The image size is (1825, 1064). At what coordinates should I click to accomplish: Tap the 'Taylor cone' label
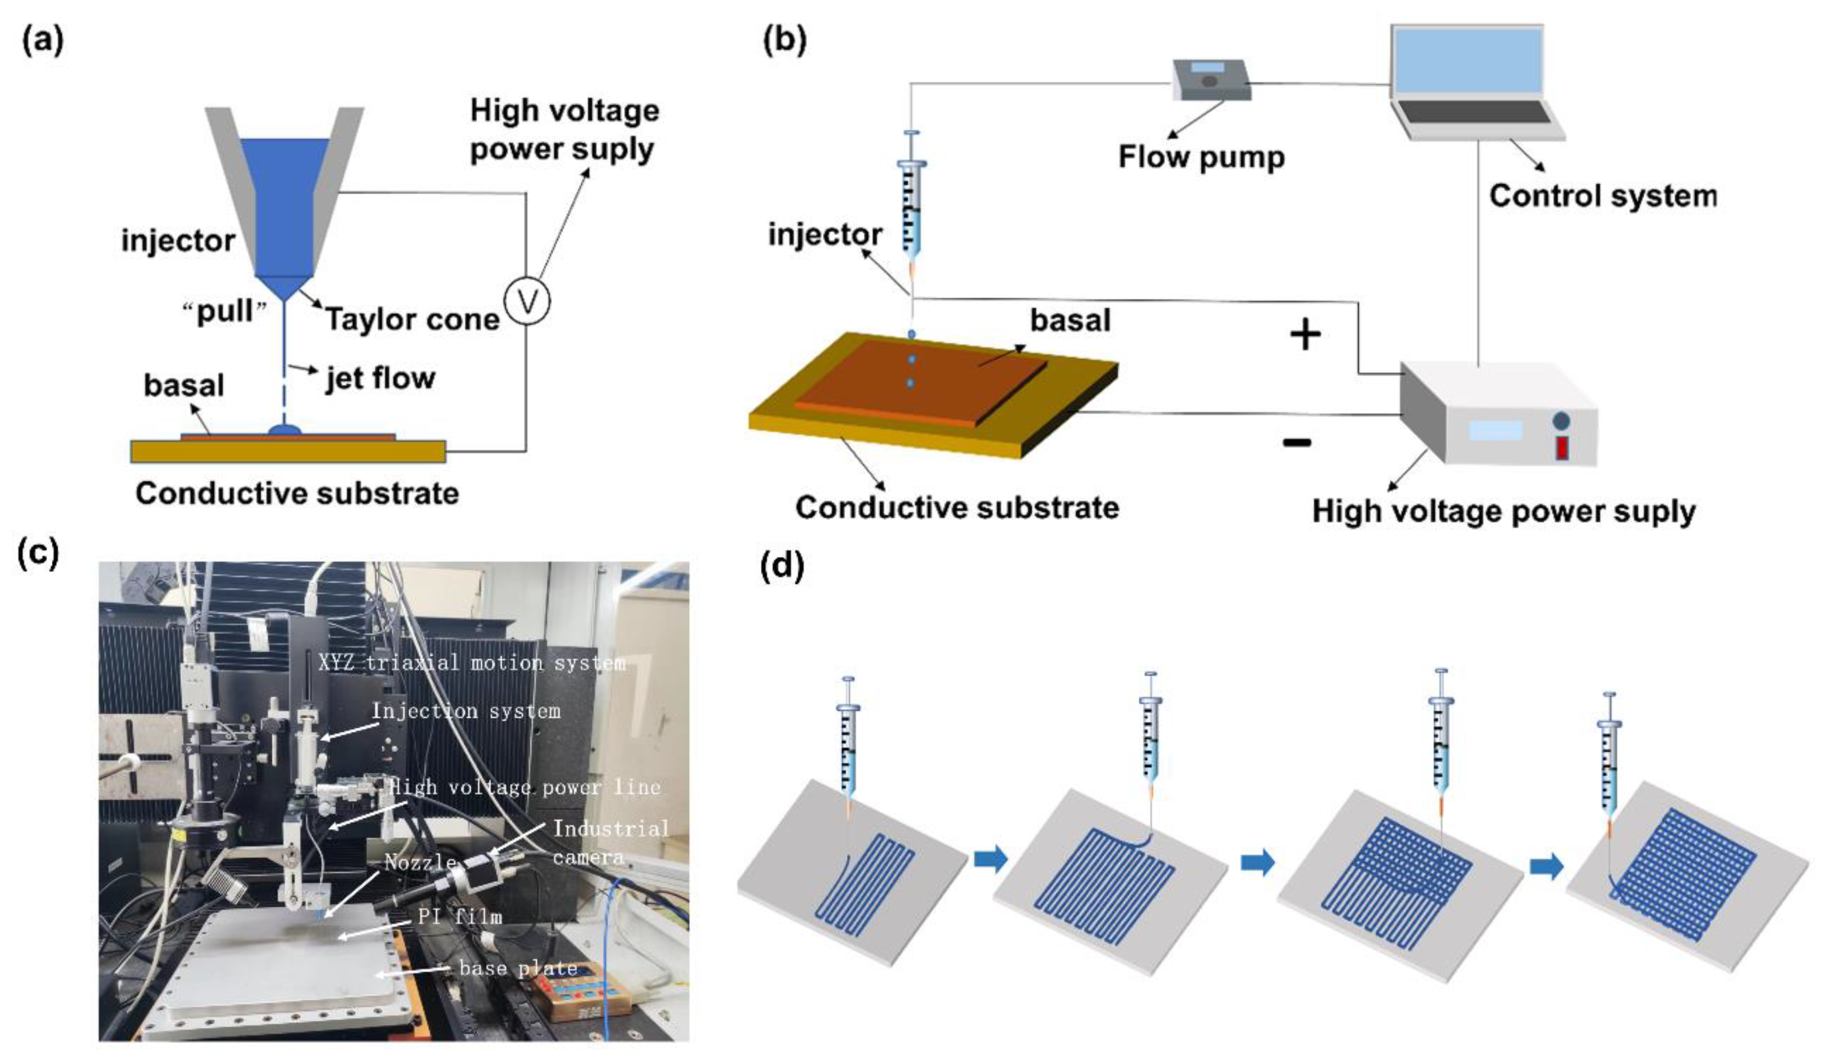[x=412, y=319]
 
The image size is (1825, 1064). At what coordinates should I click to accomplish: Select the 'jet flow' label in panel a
[x=380, y=378]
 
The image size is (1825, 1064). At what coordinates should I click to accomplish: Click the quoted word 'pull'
[x=225, y=312]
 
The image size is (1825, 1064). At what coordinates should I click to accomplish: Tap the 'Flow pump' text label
[x=1201, y=157]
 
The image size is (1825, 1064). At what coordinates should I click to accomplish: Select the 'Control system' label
[x=1602, y=196]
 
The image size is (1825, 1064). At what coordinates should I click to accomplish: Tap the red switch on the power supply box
[x=1562, y=448]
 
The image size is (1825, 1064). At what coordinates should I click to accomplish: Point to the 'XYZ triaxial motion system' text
[x=472, y=662]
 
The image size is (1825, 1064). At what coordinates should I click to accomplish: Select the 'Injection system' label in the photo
[x=466, y=711]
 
